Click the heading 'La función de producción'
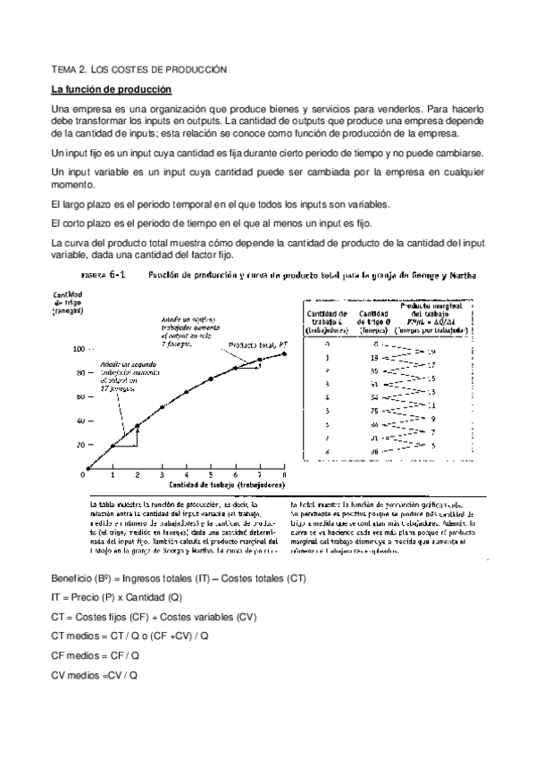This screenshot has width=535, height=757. [x=111, y=89]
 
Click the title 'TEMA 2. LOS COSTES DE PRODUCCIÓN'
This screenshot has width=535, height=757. [x=139, y=69]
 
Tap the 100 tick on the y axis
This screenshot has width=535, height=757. [x=79, y=349]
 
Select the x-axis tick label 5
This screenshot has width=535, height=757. [x=211, y=475]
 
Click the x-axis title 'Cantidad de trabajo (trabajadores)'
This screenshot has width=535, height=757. [x=228, y=485]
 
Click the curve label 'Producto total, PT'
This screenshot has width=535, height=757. [x=256, y=344]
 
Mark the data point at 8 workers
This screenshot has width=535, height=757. [x=284, y=354]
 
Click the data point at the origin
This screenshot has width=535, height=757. [x=88, y=469]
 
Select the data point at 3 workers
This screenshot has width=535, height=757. [x=162, y=407]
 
